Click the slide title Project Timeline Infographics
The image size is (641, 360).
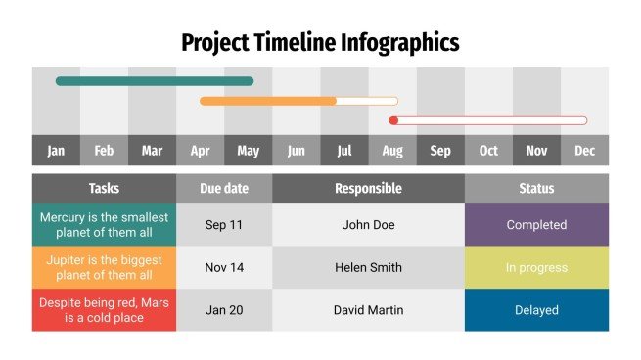click(x=320, y=42)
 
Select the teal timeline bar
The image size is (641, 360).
click(x=155, y=81)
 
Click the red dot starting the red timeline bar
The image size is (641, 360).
click(x=393, y=120)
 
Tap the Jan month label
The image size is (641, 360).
click(x=56, y=151)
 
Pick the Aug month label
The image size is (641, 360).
click(x=392, y=151)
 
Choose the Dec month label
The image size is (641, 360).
click(x=584, y=151)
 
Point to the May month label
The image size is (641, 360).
click(x=249, y=151)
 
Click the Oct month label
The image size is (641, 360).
click(x=488, y=151)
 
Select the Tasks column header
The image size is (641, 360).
click(x=104, y=189)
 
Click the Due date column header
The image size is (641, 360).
click(x=224, y=189)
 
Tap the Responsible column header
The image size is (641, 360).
click(x=368, y=189)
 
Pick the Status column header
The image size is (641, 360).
click(x=536, y=189)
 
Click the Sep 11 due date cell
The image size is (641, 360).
click(x=224, y=225)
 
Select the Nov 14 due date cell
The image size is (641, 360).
click(x=224, y=267)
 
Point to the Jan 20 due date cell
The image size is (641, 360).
click(x=224, y=310)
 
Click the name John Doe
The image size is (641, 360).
click(x=368, y=225)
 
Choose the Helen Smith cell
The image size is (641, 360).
click(x=368, y=267)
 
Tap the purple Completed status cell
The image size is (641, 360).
click(x=536, y=225)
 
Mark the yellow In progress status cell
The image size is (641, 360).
click(x=536, y=267)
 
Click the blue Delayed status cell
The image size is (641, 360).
click(x=536, y=310)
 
